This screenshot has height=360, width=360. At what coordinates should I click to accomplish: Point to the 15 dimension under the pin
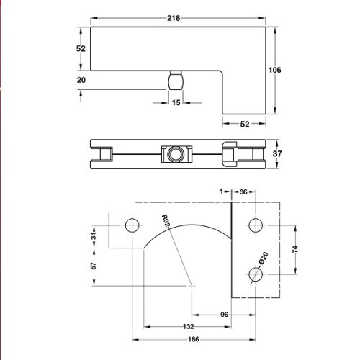(176, 102)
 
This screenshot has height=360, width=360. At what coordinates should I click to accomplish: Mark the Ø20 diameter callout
(264, 260)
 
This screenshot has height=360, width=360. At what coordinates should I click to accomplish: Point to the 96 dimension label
(223, 314)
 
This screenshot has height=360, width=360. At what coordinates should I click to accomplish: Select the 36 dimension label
(243, 192)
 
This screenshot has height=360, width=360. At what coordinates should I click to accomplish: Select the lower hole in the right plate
(254, 274)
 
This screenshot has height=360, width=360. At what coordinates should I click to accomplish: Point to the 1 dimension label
(222, 192)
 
